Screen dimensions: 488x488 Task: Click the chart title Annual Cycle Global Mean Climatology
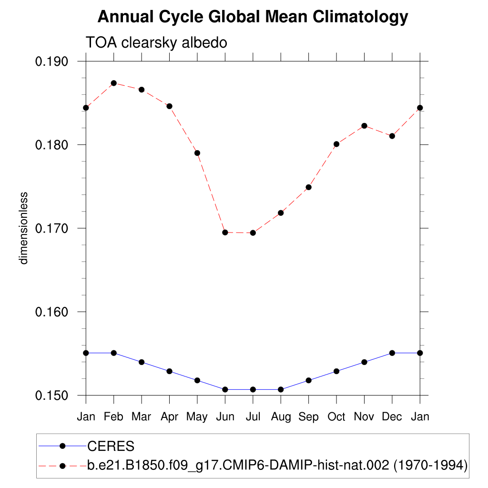pos(253,17)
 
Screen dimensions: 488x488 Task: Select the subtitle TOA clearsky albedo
pos(156,42)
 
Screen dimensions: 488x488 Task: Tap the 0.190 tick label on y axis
pos(52,61)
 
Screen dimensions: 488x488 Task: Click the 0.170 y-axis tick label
pos(52,228)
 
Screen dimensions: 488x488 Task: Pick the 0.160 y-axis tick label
pos(52,312)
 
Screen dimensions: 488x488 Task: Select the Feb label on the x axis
pos(113,417)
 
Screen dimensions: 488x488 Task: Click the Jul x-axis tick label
pos(253,417)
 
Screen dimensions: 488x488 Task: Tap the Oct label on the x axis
pos(336,417)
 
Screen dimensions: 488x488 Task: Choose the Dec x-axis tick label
pos(392,417)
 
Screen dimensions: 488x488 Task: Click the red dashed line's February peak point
pos(113,83)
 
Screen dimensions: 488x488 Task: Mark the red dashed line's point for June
pos(225,232)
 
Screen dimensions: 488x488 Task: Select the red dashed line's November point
pos(365,126)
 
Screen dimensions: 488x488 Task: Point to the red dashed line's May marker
pos(197,153)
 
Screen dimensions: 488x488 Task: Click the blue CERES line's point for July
pos(253,389)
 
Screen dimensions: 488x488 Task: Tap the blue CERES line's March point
pos(142,362)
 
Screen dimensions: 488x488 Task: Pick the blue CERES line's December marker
pos(392,353)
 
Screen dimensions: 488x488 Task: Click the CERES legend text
pos(111,447)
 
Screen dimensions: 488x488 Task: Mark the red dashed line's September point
pos(309,187)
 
